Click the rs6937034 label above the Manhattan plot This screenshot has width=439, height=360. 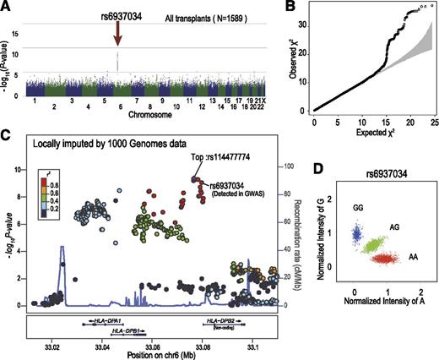click(x=117, y=10)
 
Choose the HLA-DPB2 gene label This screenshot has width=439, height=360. click(x=224, y=321)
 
